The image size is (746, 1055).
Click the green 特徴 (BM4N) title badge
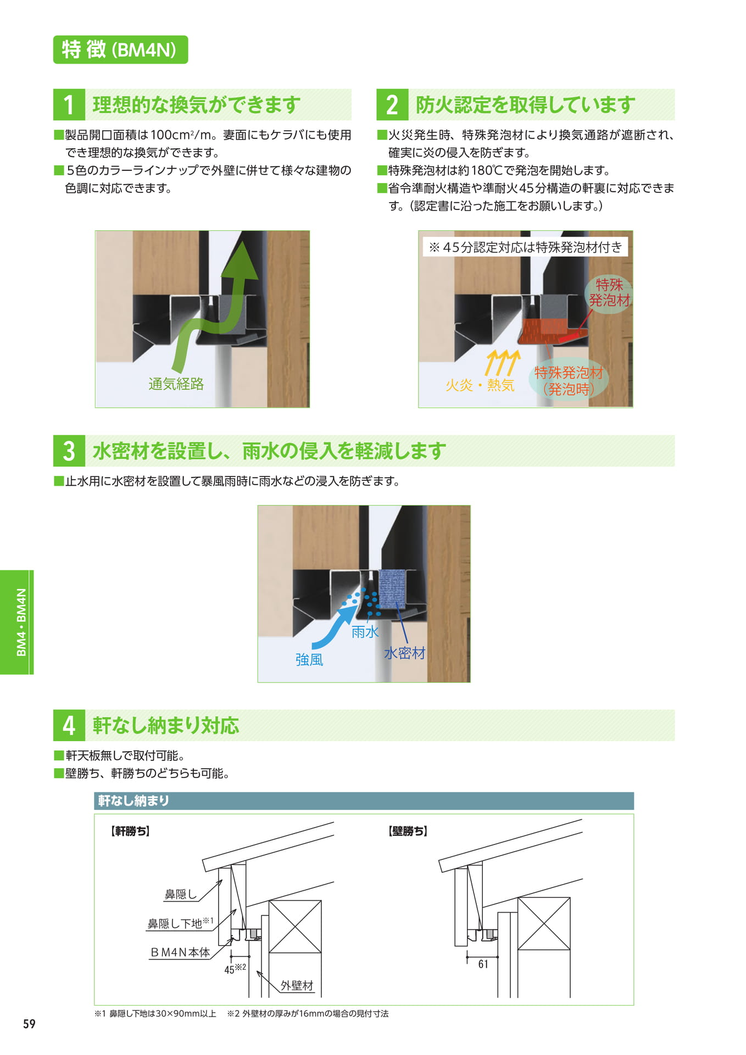pos(120,49)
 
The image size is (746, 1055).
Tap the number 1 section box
pos(69,104)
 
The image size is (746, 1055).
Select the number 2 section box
pos(392,104)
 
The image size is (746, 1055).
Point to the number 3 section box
pos(69,451)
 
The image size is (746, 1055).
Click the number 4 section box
pos(69,725)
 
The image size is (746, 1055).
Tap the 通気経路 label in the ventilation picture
pos(176,384)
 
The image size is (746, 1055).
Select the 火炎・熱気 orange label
pos(480,385)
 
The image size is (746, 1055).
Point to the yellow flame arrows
pos(502,363)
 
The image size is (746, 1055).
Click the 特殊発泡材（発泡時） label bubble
pos(569,381)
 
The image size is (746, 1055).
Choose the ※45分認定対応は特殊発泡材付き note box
pos(525,247)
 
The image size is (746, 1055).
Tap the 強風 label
pos(309,660)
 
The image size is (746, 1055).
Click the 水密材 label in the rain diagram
pos(405,653)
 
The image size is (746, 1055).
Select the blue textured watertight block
pos(392,588)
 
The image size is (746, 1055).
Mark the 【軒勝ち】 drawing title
pos(130,831)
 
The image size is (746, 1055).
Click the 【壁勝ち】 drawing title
pos(408,831)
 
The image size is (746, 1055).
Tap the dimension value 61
pos(483,964)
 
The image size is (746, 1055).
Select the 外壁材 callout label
pos(297,985)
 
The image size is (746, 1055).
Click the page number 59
pos(29,1024)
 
